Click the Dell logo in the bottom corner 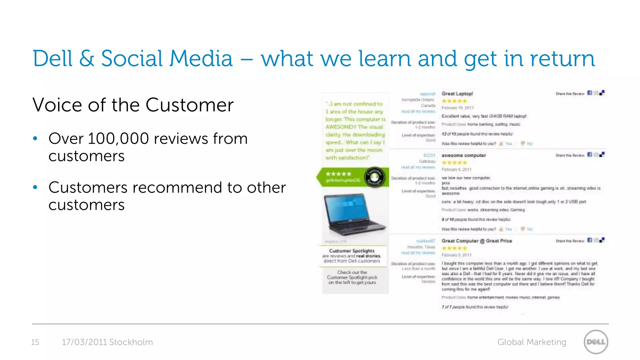point(596,342)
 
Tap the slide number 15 point(35,342)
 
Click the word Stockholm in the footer point(131,342)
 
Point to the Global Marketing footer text point(532,342)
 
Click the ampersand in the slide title point(87,58)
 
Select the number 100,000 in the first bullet point(118,138)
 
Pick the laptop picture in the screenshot point(354,215)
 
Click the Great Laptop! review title point(457,94)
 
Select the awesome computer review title point(463,155)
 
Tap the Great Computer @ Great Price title point(477,241)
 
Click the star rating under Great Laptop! point(454,101)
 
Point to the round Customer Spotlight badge point(374,177)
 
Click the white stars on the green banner point(338,174)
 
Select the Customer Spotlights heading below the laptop point(352,251)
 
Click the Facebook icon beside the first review point(589,93)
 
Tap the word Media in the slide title point(201,58)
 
